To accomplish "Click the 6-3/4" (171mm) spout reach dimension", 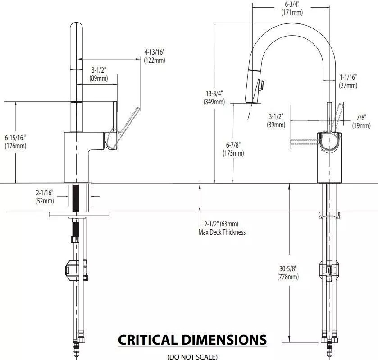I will coord(292,9).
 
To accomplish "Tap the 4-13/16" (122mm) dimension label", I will coord(154,56).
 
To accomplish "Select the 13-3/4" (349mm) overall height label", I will coord(214,97).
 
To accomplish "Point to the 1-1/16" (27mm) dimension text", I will coord(348,81).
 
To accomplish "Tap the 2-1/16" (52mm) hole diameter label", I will coord(45,197).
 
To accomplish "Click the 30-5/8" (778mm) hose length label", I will coord(287,272).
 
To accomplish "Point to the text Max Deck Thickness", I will coord(222,232).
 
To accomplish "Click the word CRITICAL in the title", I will coord(148,339).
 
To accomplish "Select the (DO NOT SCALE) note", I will coord(192,356).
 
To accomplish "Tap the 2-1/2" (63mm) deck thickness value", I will coord(221,224).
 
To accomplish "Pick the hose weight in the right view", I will coord(328,270).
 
